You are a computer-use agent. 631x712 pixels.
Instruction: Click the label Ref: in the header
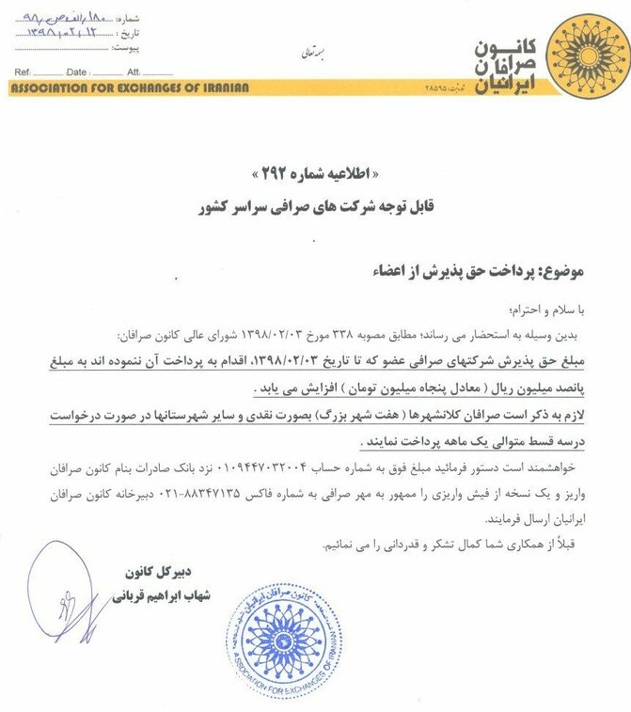pos(22,72)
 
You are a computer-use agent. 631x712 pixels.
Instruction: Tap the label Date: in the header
pos(76,72)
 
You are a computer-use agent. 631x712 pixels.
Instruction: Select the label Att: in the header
pos(134,72)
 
